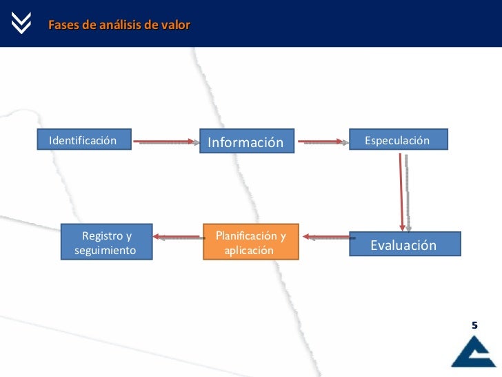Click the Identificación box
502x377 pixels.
point(83,141)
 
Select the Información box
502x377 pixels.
point(246,142)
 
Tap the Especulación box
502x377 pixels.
point(398,141)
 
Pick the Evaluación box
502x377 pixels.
point(404,245)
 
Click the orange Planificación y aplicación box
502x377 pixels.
point(250,242)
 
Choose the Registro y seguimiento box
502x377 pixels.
point(106,242)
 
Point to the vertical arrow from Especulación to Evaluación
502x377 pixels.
point(403,191)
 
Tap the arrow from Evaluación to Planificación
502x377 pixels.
point(325,238)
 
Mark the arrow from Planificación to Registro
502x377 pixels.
point(177,237)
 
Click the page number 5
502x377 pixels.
point(474,324)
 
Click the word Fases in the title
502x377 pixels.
point(61,26)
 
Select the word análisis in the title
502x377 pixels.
point(117,26)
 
